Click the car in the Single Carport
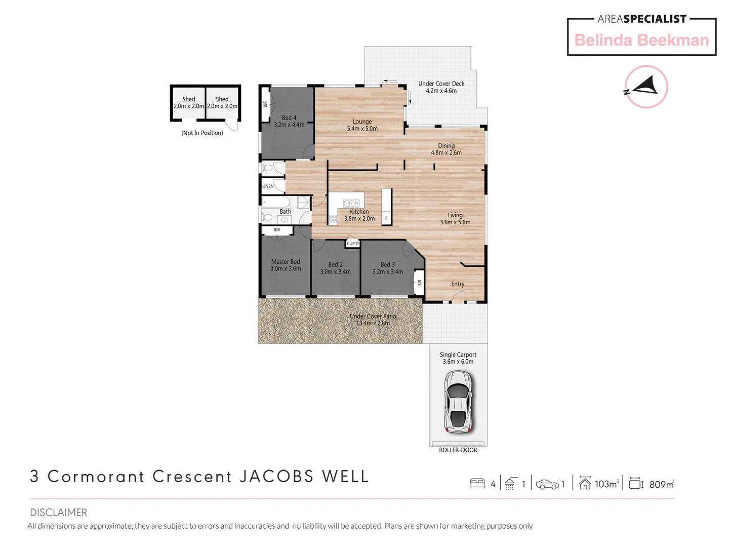click(458, 402)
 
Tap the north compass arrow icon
click(645, 87)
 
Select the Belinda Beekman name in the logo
click(641, 40)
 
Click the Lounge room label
click(362, 122)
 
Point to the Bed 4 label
click(289, 118)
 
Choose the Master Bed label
click(286, 262)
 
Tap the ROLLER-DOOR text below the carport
click(458, 450)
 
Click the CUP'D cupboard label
click(352, 244)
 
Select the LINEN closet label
click(268, 186)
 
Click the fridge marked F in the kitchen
click(386, 218)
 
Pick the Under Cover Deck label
click(441, 84)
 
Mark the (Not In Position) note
click(202, 133)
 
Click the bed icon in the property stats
click(477, 484)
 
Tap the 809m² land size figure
click(661, 484)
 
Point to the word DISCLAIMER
click(58, 512)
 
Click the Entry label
click(458, 284)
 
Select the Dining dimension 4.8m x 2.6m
click(446, 152)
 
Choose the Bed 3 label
click(387, 264)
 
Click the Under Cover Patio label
click(373, 316)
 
